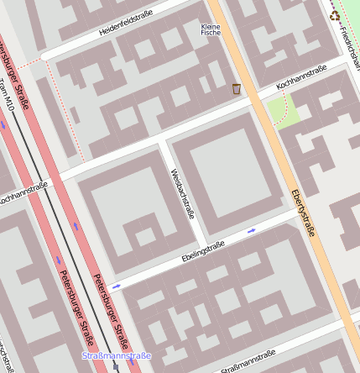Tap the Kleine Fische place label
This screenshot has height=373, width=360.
211,29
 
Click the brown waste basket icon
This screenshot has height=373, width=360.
237,88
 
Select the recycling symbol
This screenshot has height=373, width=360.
336,15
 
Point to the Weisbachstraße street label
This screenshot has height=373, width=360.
182,193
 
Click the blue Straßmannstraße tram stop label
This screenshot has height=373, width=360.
116,355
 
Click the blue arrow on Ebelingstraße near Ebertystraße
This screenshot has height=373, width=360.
251,229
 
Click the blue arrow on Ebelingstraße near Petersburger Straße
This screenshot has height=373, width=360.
116,286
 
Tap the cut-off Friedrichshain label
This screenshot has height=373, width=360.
347,34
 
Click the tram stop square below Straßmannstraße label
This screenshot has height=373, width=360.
116,367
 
